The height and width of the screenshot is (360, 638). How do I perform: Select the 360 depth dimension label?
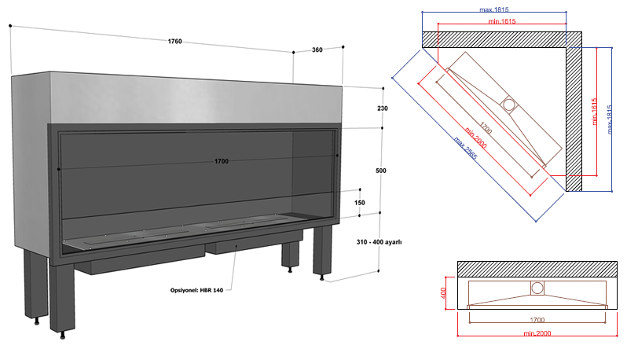point(317,50)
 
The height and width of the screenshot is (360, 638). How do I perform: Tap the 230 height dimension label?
point(383,108)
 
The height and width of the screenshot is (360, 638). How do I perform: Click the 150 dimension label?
point(360,203)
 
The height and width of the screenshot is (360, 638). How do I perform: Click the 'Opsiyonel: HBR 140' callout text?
point(197,290)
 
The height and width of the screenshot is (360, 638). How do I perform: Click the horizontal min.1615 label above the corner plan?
point(497,20)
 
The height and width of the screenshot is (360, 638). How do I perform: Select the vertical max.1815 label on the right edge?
point(609,118)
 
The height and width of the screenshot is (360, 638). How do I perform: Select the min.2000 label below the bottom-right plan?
point(537,334)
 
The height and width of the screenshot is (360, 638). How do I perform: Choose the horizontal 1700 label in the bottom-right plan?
point(537,321)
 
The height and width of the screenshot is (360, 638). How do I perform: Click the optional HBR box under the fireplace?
point(236,248)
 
